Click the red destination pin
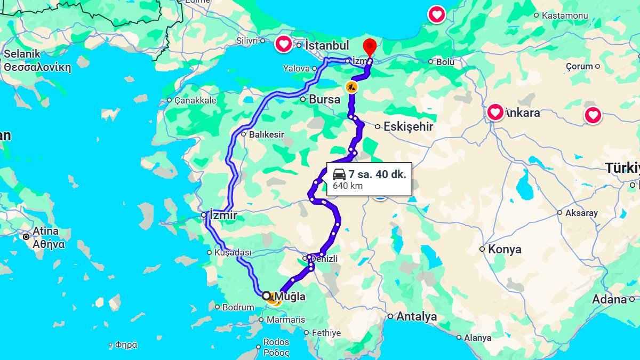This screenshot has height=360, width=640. click(369, 46)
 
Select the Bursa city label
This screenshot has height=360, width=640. click(324, 99)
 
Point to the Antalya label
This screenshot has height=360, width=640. click(417, 317)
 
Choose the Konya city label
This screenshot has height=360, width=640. click(505, 249)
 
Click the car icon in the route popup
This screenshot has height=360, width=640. click(339, 174)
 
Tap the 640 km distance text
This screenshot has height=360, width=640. click(348, 186)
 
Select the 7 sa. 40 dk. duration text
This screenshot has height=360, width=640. click(377, 174)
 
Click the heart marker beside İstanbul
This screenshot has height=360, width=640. click(284, 44)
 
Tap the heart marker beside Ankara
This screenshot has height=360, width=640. click(495, 112)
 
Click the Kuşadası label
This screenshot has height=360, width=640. click(232, 252)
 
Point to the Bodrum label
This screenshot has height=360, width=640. click(238, 307)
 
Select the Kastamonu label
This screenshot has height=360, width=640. click(564, 15)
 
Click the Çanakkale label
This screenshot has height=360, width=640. click(195, 100)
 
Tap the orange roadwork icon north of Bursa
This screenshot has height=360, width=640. click(351, 86)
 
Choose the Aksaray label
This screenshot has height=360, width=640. click(581, 213)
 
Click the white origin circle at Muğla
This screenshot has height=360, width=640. click(266, 295)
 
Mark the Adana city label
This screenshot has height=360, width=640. click(609, 300)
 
